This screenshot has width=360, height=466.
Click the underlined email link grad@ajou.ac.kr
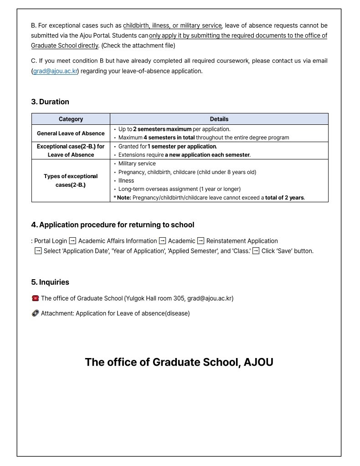[x=55, y=71]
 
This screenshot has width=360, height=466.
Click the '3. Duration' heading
[x=50, y=102]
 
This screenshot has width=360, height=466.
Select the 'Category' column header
[x=71, y=119]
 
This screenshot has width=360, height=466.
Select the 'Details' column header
[x=219, y=119]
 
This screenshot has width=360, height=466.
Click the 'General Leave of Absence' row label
[x=71, y=133]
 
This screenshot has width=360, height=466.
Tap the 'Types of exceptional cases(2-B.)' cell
[x=71, y=180]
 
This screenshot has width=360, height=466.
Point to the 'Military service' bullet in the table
[x=137, y=164]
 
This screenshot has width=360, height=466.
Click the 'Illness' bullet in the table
[x=126, y=180]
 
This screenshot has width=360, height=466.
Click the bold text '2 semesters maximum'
[x=162, y=129]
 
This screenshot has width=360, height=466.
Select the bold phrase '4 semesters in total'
[x=169, y=138]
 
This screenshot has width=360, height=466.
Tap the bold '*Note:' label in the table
[x=123, y=198]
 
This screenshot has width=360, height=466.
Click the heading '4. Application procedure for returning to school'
[x=113, y=225]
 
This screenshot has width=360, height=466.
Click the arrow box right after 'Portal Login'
[x=72, y=241]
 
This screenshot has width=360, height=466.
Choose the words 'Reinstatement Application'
[x=242, y=241]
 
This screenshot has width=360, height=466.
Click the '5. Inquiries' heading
[x=50, y=282]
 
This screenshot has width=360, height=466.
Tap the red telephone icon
[x=35, y=298]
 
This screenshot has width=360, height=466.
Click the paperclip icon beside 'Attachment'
[x=35, y=313]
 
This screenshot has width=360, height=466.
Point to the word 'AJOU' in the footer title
[x=258, y=362]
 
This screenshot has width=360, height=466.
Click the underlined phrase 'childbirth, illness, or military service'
[x=172, y=26]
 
